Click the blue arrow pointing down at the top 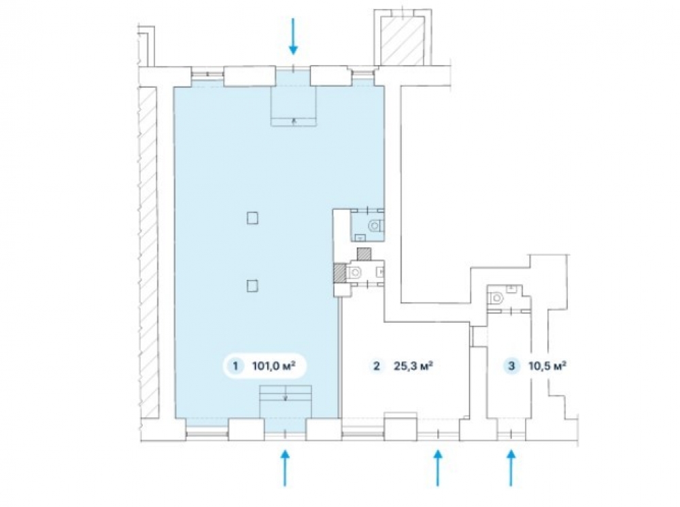294,36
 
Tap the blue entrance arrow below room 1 285,468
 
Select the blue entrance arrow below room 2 437,468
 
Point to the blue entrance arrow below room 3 512,468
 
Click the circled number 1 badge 235,366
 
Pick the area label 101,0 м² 273,366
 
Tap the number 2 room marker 377,366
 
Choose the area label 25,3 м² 413,366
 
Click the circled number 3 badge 512,366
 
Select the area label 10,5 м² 547,366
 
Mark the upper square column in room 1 252,218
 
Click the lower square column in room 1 252,286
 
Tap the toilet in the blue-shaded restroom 375,226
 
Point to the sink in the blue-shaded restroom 360,237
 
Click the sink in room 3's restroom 512,287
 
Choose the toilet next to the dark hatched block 354,272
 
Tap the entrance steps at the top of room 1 294,106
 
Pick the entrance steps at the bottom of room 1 286,402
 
